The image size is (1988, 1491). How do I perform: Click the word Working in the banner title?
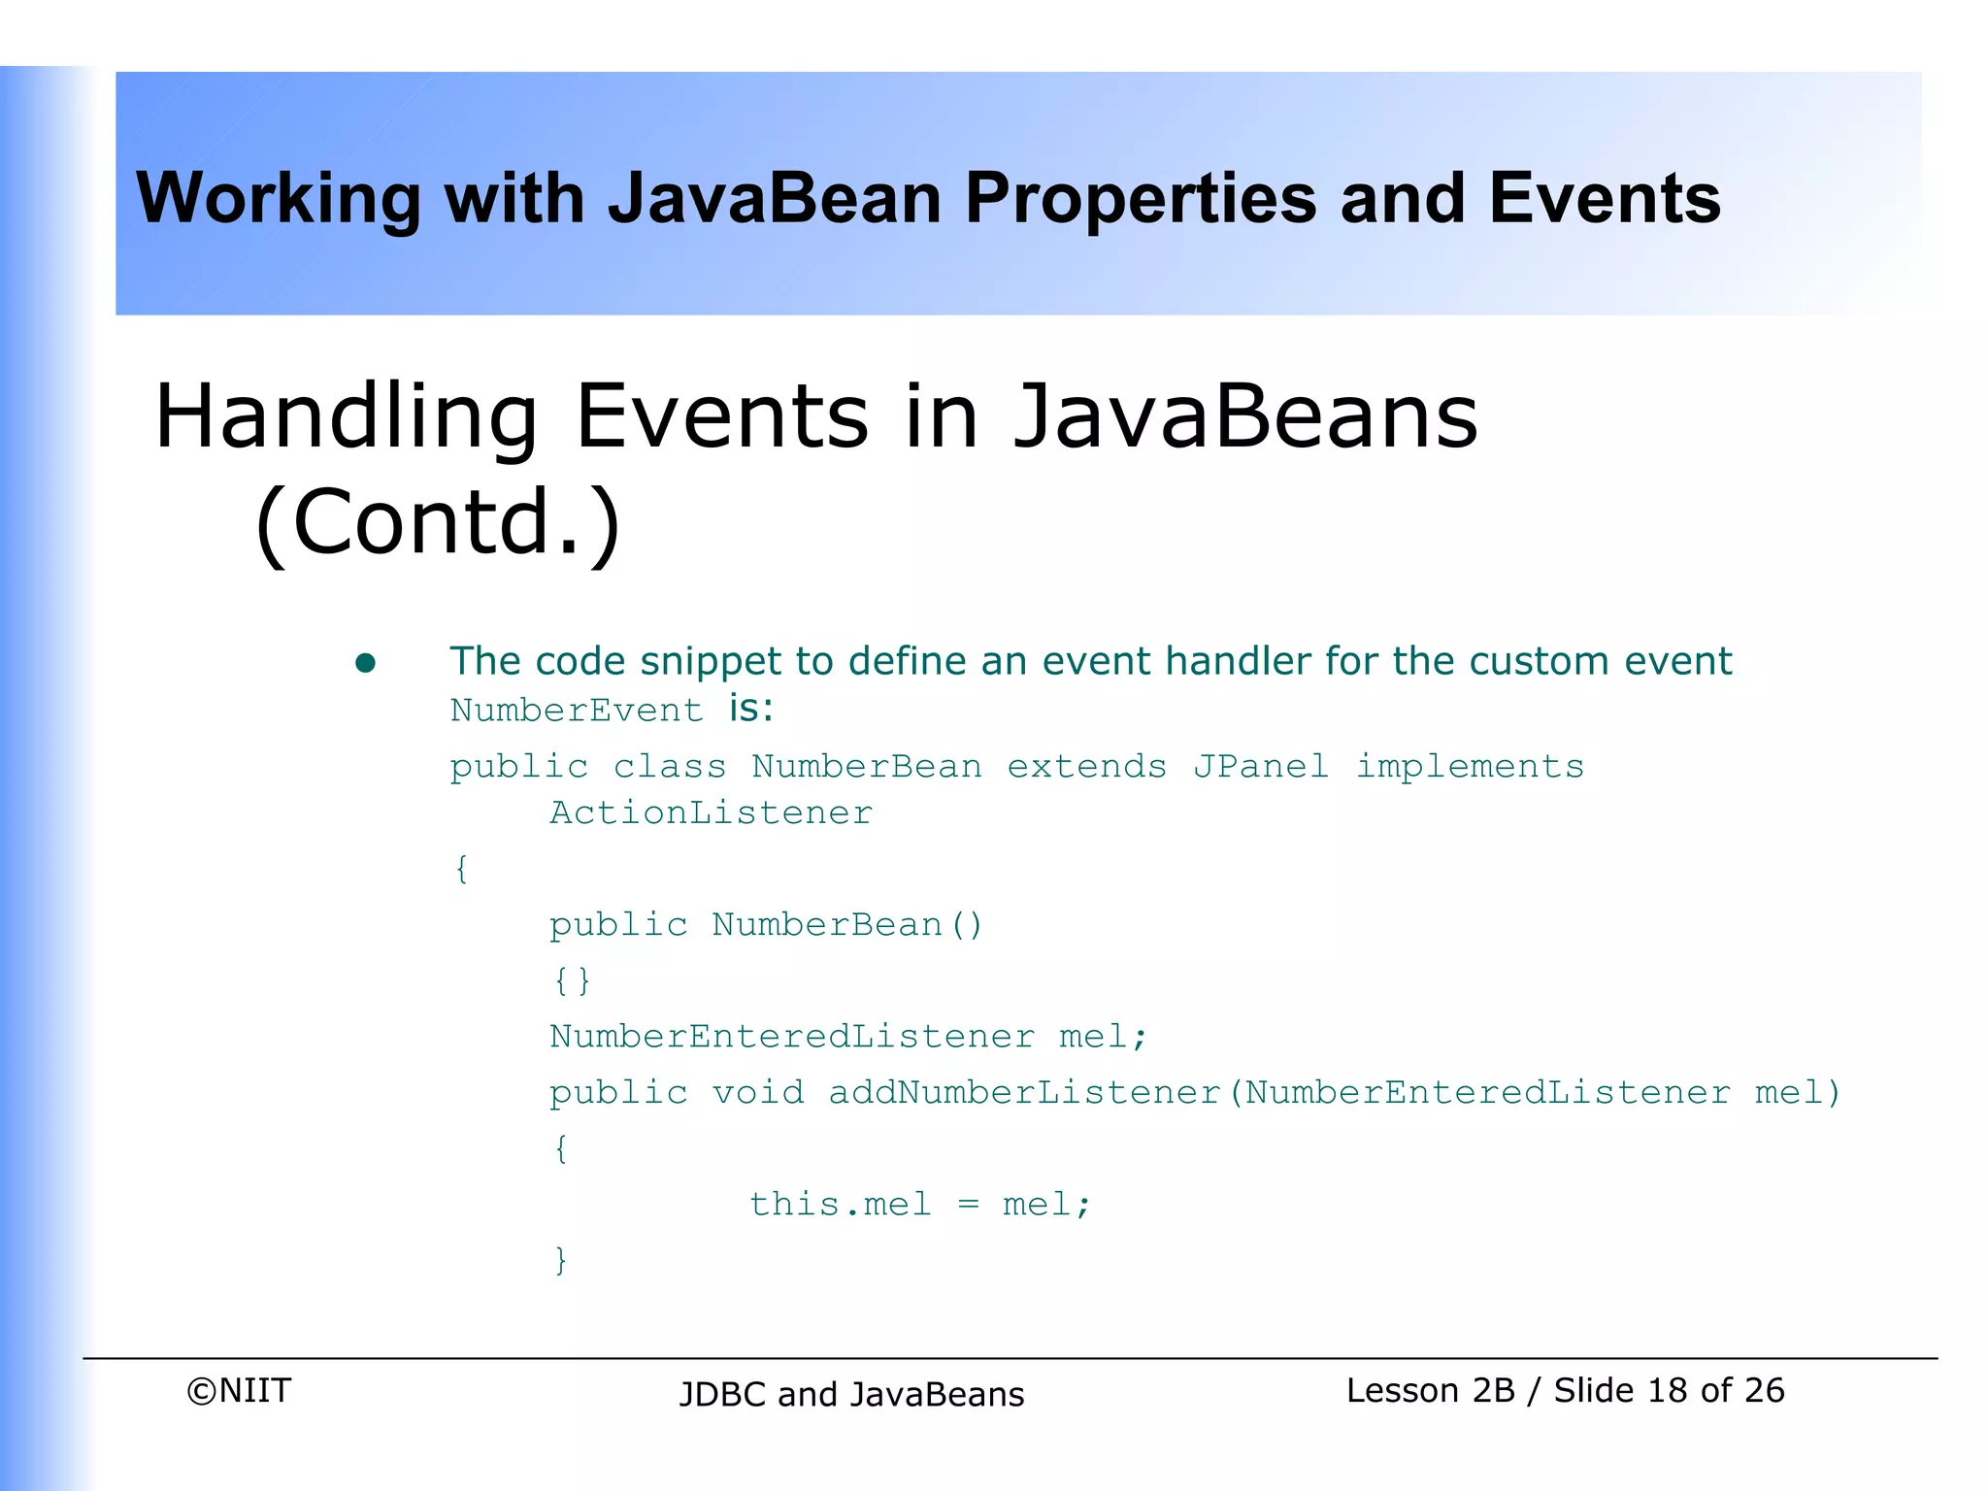point(279,199)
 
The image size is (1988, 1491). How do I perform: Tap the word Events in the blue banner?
point(1604,199)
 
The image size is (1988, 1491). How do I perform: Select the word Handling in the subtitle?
point(346,417)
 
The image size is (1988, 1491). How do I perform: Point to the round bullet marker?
point(365,663)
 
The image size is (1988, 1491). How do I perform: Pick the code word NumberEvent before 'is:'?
point(577,711)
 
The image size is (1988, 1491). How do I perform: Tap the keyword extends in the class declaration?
point(1086,767)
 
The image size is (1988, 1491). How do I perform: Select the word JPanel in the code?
point(1260,767)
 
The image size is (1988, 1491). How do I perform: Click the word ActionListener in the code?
point(711,813)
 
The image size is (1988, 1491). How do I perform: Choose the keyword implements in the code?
point(1469,767)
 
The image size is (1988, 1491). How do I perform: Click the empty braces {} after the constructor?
point(572,980)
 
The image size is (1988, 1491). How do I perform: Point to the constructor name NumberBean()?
point(846,925)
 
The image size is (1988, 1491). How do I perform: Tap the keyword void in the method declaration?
point(758,1093)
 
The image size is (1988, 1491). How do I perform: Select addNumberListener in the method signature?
point(1024,1093)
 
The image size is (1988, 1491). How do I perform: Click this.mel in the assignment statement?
point(840,1205)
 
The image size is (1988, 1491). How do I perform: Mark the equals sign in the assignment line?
point(968,1206)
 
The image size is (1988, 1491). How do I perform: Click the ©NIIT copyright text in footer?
point(239,1391)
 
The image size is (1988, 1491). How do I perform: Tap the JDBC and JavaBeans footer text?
point(851,1395)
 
